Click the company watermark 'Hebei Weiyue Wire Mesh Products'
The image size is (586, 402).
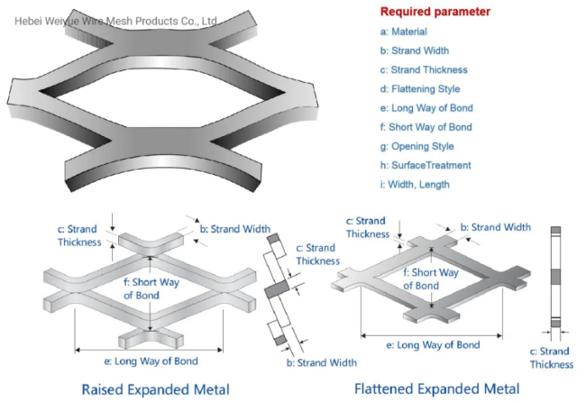[108, 19]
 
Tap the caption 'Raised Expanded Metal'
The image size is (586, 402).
[156, 388]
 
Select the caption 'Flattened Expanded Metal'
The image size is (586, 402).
[436, 388]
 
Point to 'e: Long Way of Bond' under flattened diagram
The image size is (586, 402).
[432, 344]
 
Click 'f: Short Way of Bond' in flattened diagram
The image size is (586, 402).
[434, 279]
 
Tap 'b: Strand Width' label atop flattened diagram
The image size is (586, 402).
[495, 228]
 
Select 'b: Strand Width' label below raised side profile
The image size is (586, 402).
[321, 362]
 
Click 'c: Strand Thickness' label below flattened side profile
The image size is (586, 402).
[551, 358]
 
